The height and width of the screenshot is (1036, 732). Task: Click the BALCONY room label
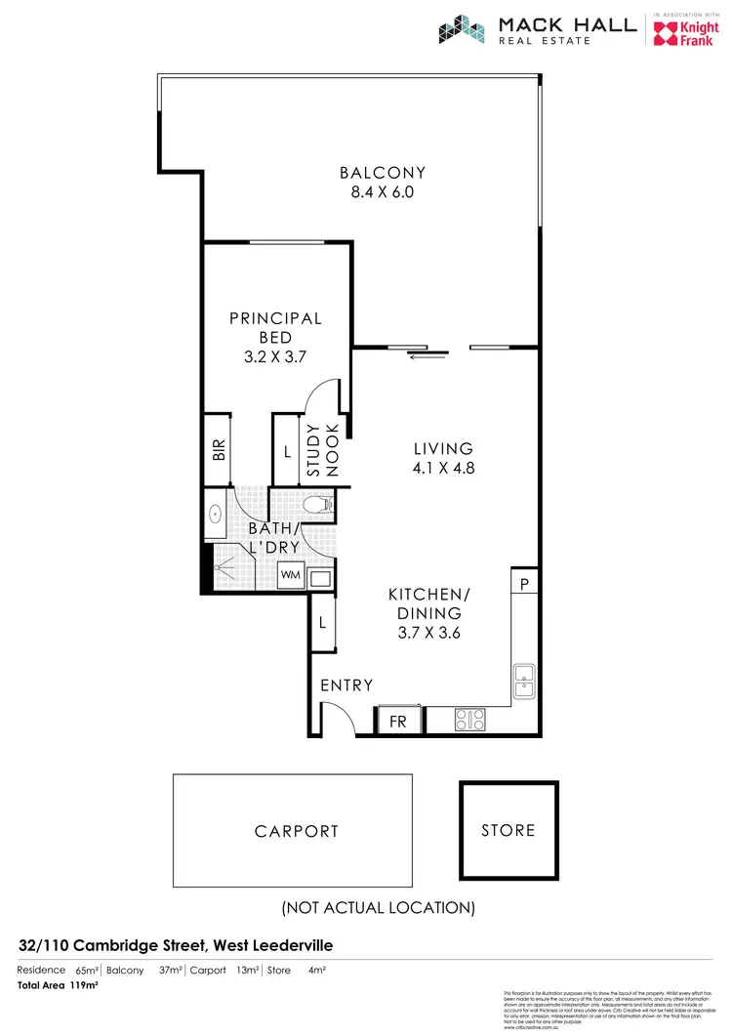click(383, 173)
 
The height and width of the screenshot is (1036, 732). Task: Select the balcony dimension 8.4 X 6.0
click(383, 192)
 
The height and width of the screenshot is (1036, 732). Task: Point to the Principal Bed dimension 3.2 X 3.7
click(275, 356)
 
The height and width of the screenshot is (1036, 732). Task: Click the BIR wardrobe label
click(219, 451)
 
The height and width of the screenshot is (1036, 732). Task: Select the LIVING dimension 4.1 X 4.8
click(443, 468)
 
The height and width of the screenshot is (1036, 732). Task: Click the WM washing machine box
click(290, 575)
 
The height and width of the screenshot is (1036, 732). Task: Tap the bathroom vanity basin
click(216, 513)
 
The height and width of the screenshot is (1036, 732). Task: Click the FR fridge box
click(399, 722)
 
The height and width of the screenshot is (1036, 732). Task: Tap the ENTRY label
click(346, 685)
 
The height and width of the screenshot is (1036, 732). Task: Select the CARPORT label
click(297, 832)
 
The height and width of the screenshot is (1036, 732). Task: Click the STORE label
click(508, 830)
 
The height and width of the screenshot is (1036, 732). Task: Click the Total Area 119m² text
click(58, 985)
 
